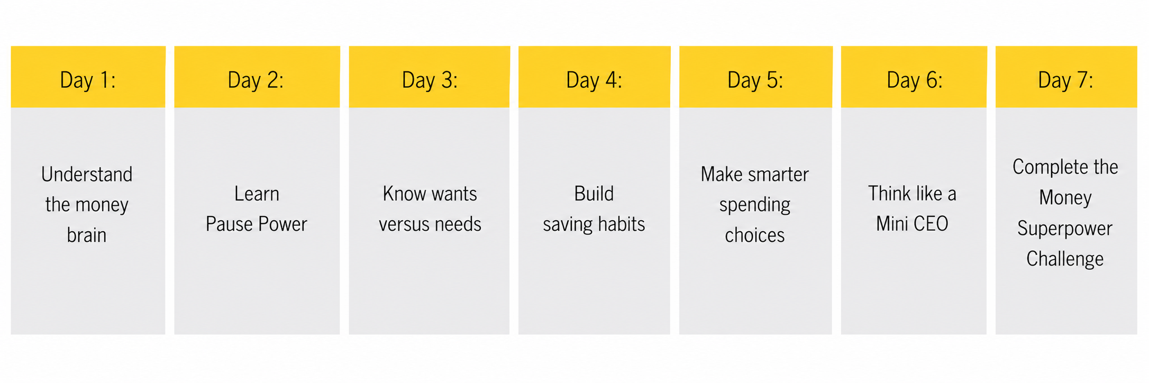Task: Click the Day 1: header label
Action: [x=88, y=80]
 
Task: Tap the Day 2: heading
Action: [x=256, y=80]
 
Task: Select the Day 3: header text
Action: [x=430, y=80]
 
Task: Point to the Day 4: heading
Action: [x=594, y=80]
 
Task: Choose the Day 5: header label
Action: [x=755, y=80]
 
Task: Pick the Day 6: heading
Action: [x=915, y=80]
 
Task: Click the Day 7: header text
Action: [x=1065, y=80]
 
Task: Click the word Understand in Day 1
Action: [x=87, y=175]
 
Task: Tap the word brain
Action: [x=87, y=235]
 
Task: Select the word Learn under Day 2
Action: [x=257, y=194]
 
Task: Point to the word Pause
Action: [x=229, y=224]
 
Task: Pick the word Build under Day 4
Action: [x=594, y=194]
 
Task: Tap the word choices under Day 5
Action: [x=755, y=235]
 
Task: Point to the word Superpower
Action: [x=1065, y=229]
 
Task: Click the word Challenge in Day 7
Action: [x=1065, y=259]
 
